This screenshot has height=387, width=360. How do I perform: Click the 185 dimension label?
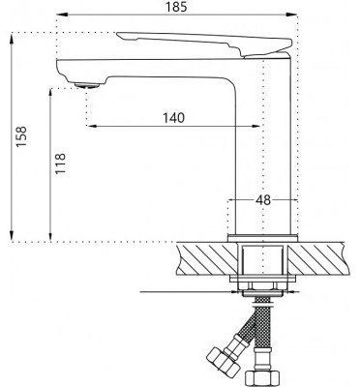[176, 7]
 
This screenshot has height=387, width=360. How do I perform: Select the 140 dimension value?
[173, 118]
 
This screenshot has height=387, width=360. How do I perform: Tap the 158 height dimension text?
[22, 136]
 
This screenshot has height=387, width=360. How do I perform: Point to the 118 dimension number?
[60, 164]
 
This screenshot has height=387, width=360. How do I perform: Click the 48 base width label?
[263, 200]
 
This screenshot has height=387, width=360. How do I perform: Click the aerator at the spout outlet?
[86, 85]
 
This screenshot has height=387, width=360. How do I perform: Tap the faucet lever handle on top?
[204, 44]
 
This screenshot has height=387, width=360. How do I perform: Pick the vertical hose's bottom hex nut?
[262, 379]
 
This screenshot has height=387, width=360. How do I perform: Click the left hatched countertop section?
[207, 260]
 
